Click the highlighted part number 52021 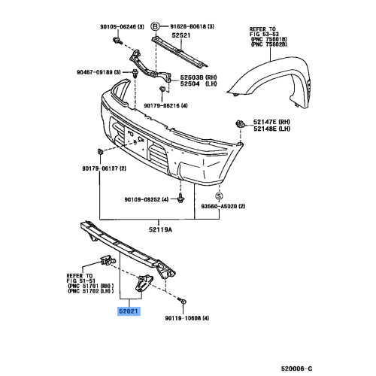[129, 311]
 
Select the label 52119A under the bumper [161, 229]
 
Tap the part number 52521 [181, 35]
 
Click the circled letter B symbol [155, 26]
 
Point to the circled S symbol [220, 196]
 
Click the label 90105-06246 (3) [122, 26]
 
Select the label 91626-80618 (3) [193, 26]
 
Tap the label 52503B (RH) [199, 77]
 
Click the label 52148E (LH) [271, 129]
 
